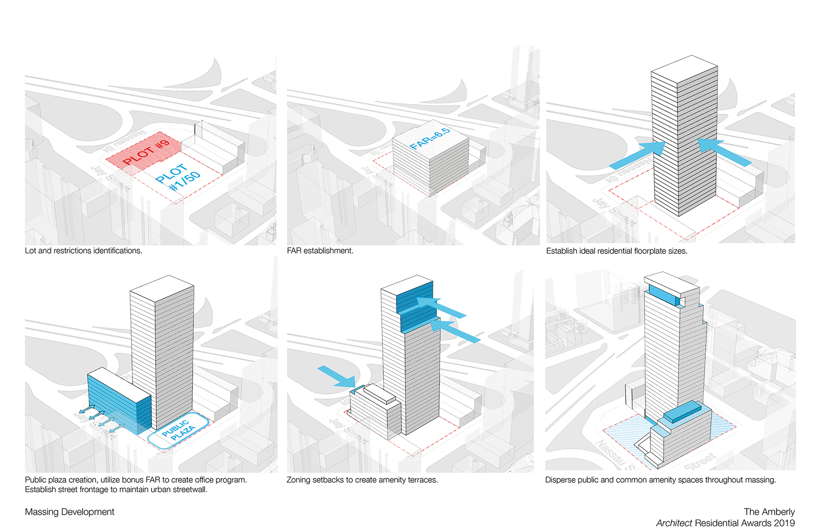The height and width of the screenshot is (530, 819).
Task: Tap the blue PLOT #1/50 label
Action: coord(178,178)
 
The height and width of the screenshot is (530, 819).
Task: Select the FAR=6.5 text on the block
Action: coord(430,139)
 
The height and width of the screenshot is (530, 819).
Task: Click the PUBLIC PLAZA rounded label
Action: coord(178,430)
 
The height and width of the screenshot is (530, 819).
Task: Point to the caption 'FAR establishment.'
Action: coord(320,250)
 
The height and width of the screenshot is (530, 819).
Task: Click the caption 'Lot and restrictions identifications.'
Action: coord(84,250)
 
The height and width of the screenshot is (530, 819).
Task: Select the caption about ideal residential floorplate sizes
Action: coord(616,251)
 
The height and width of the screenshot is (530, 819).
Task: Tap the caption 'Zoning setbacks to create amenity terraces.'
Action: coord(362,480)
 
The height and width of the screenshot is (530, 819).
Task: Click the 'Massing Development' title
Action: coord(70,512)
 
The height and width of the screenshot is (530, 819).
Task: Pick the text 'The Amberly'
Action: coord(769,512)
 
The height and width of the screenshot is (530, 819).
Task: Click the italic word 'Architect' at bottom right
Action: coord(674,523)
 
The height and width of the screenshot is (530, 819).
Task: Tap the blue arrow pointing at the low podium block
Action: coord(336,376)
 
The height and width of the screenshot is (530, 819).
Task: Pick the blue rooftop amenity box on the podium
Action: coord(682,411)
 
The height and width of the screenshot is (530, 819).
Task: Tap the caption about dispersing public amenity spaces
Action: coord(660,480)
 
